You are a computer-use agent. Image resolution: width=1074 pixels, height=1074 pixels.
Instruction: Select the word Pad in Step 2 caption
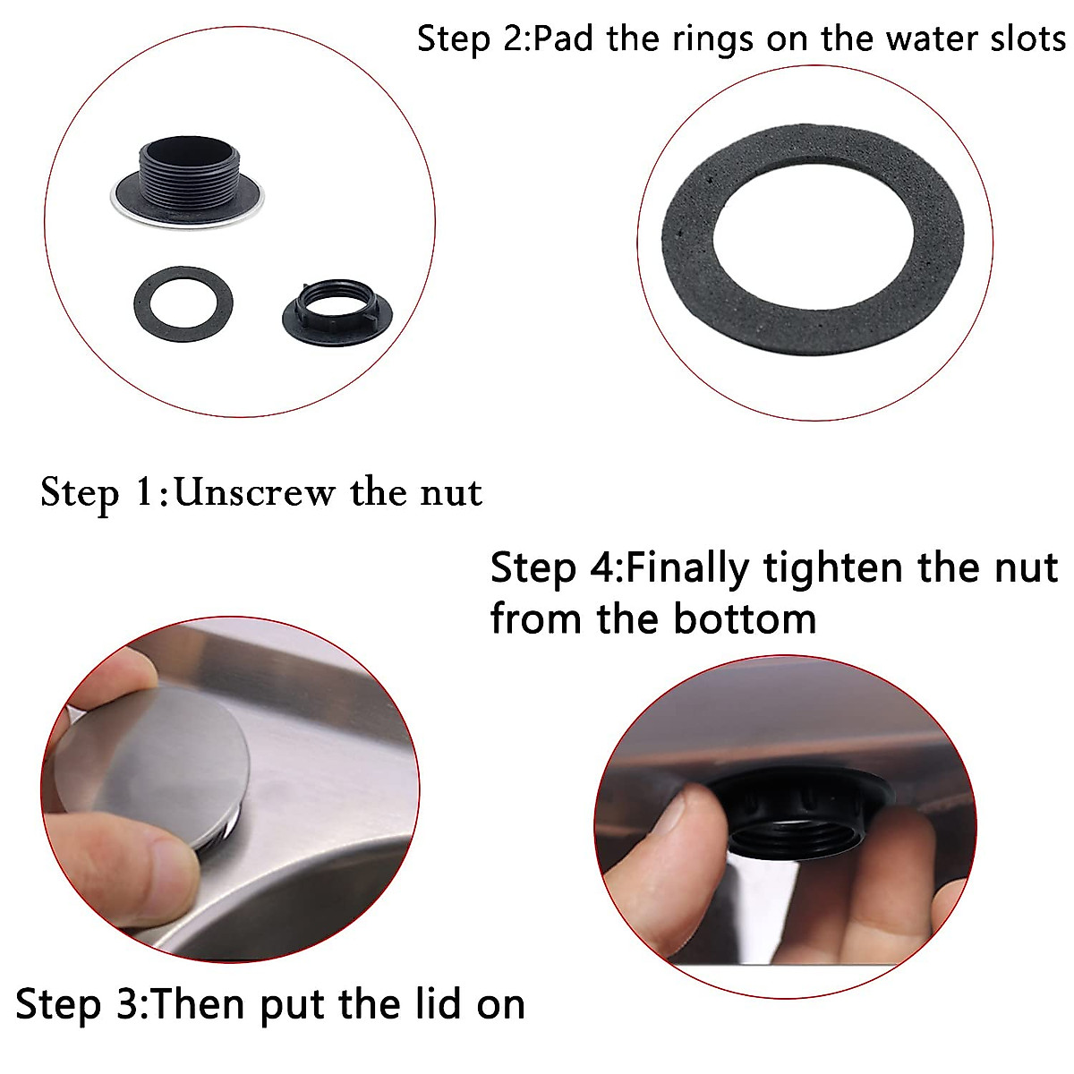pyautogui.click(x=565, y=39)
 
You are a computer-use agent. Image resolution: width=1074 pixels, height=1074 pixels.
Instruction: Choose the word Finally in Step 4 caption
pyautogui.click(x=686, y=568)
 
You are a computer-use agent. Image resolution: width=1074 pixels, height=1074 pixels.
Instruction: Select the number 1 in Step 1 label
pyautogui.click(x=146, y=492)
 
